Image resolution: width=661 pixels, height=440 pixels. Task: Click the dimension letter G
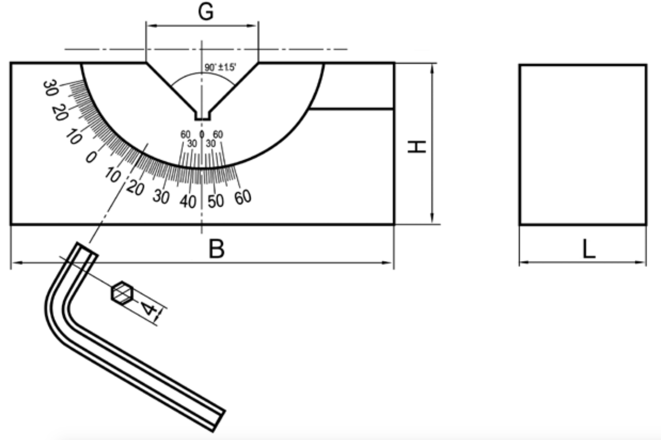pos(206,12)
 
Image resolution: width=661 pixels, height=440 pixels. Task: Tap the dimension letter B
pos(217,249)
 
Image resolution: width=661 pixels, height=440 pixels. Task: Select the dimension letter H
pos(416,147)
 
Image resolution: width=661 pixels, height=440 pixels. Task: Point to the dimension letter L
pos(589,249)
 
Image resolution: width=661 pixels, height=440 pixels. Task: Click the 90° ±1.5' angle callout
pos(220,67)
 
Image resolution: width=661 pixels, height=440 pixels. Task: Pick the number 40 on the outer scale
pos(188,202)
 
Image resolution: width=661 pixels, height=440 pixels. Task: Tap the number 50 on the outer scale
pos(216,201)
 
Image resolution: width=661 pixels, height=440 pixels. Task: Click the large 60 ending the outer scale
pos(243,197)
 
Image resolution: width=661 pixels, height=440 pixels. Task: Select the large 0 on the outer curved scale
pos(91,157)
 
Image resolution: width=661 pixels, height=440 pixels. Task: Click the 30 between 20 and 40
pos(161,197)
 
